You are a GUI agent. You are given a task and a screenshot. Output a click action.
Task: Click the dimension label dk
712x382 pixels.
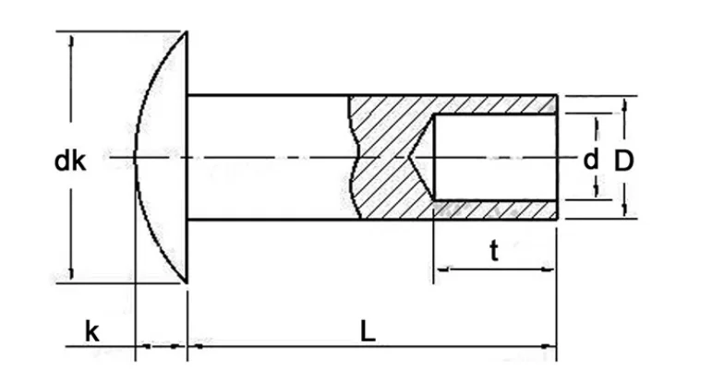point(70,162)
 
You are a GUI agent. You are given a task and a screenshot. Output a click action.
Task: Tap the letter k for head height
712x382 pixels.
point(91,331)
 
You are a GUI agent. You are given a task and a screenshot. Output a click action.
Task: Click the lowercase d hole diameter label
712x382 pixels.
point(590,159)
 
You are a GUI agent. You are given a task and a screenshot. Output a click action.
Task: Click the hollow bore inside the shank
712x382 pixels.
point(494,158)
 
